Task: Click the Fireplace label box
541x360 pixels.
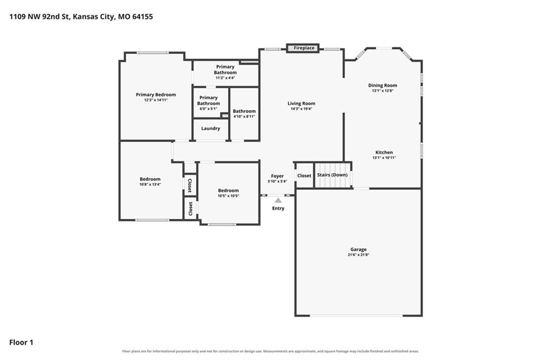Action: pos(303,48)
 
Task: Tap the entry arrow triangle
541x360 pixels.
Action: pos(278,200)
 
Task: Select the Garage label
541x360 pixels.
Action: pos(359,249)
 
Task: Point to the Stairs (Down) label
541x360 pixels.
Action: pos(332,174)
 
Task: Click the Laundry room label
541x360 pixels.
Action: pos(210,128)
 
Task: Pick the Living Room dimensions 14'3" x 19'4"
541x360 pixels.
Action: pos(301,109)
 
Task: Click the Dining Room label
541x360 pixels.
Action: pos(383,85)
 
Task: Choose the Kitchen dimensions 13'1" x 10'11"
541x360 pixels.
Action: pos(384,158)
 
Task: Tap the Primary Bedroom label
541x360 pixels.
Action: pos(156,95)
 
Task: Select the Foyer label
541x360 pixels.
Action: pos(277,176)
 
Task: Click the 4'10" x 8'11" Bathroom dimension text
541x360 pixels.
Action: pos(244,116)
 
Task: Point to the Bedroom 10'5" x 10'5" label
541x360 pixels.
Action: pos(228,193)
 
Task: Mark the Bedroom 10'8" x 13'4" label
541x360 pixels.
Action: pos(150,181)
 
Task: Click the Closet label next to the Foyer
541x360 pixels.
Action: pos(304,176)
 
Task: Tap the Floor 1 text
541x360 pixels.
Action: pos(21,343)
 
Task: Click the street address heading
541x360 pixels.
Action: pos(81,16)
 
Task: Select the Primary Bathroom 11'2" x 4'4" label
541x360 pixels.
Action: pos(225,72)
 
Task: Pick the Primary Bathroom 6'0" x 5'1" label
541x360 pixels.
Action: pos(208,103)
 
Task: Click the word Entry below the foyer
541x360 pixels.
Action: pos(278,208)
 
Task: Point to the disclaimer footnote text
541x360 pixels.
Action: pos(270,351)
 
